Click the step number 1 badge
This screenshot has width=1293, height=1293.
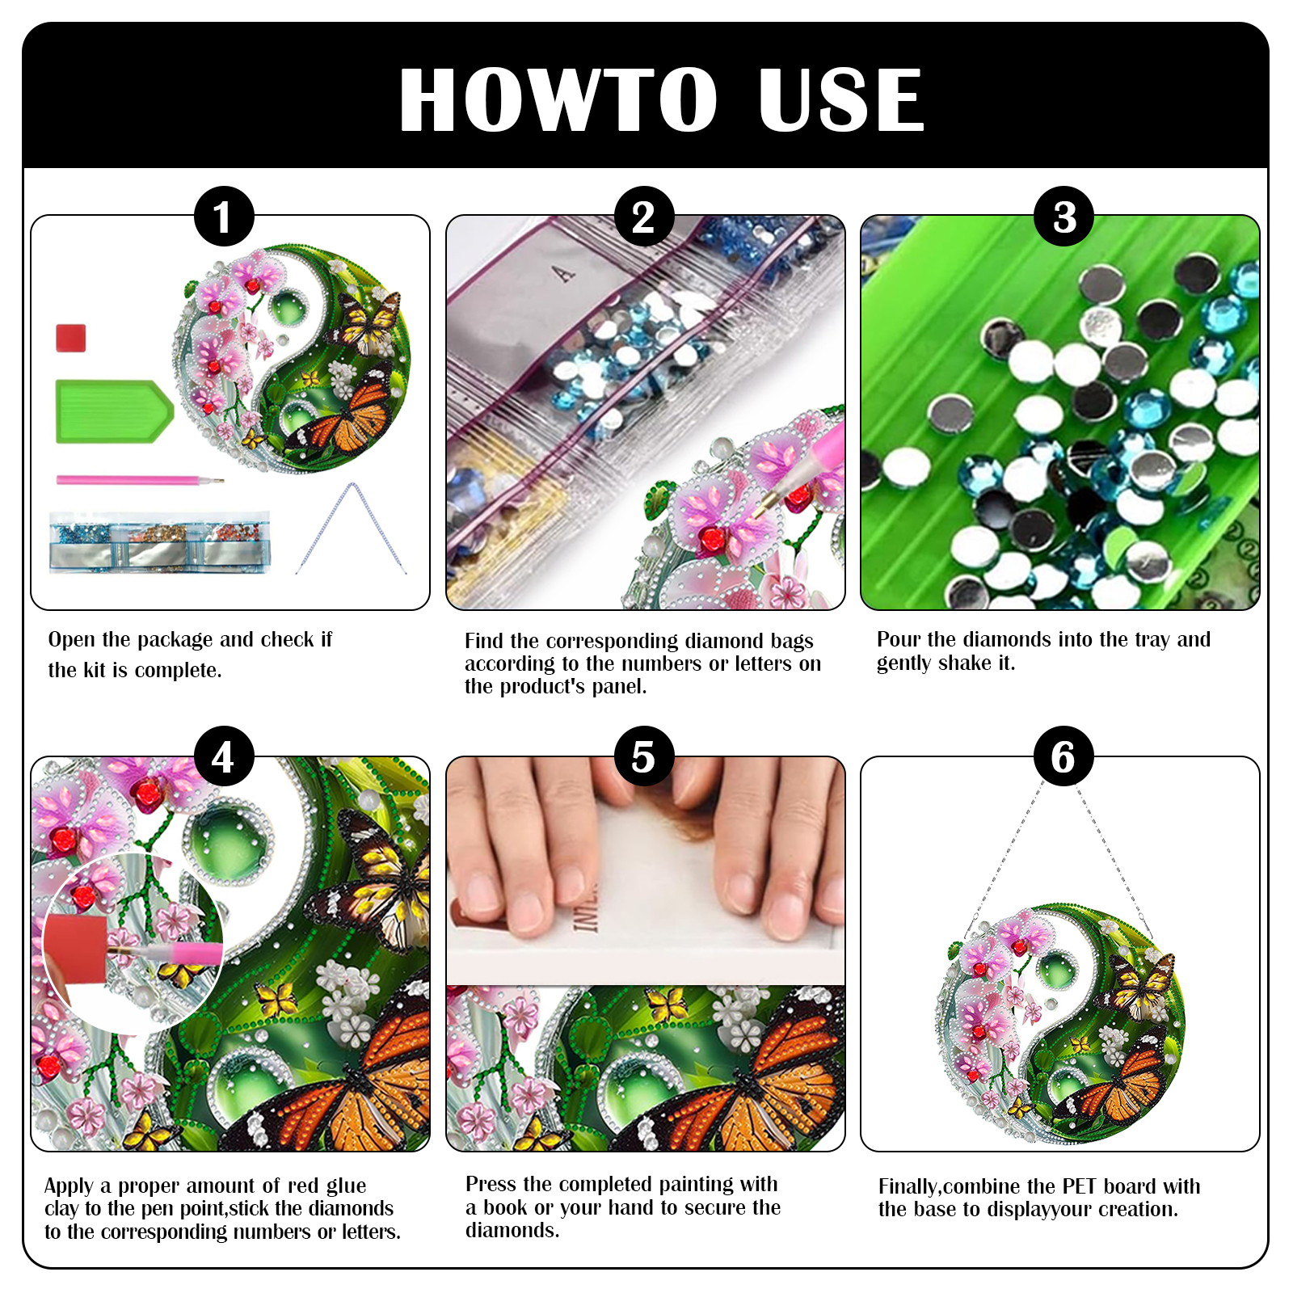click(x=224, y=217)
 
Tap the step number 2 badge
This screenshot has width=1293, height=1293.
click(x=644, y=217)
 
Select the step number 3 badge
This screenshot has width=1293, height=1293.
click(x=1064, y=217)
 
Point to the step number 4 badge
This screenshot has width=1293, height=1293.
click(x=224, y=756)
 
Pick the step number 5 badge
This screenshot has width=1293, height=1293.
click(x=644, y=756)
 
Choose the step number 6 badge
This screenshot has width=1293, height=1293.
click(x=1064, y=756)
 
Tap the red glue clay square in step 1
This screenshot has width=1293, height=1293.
click(x=71, y=338)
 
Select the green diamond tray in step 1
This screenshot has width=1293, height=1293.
click(x=114, y=411)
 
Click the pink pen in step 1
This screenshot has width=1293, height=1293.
click(x=139, y=480)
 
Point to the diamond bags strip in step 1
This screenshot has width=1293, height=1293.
click(x=159, y=541)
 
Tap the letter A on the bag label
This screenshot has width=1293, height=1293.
click(x=564, y=274)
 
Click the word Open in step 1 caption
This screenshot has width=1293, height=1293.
click(x=72, y=640)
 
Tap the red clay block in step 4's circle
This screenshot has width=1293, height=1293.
click(x=76, y=948)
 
